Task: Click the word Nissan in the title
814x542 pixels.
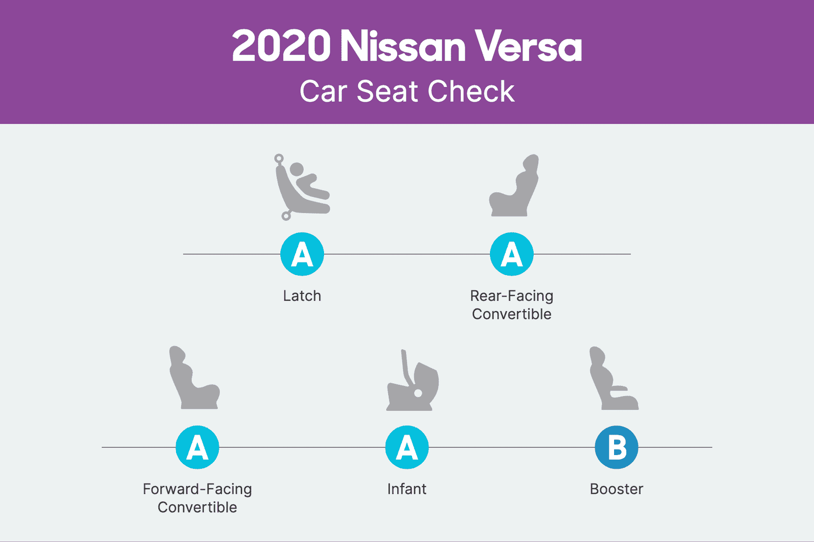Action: click(x=402, y=46)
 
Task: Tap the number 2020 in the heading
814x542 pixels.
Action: click(x=281, y=46)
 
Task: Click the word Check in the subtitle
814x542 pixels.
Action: click(x=471, y=92)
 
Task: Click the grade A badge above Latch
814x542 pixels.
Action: click(x=302, y=254)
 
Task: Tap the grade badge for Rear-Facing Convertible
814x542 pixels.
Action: click(x=512, y=254)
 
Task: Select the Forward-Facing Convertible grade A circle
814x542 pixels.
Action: click(x=197, y=447)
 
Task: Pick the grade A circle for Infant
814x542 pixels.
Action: click(x=407, y=447)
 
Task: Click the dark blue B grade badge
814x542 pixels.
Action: click(x=617, y=447)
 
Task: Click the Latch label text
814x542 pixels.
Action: click(x=302, y=296)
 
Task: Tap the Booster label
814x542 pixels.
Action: click(x=617, y=489)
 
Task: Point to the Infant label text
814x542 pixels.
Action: click(x=407, y=489)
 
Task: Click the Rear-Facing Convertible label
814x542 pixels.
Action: click(x=512, y=305)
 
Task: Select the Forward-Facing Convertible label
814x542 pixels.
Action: click(x=197, y=498)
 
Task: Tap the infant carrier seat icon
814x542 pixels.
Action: click(x=413, y=381)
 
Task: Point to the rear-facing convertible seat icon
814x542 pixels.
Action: click(x=514, y=186)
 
